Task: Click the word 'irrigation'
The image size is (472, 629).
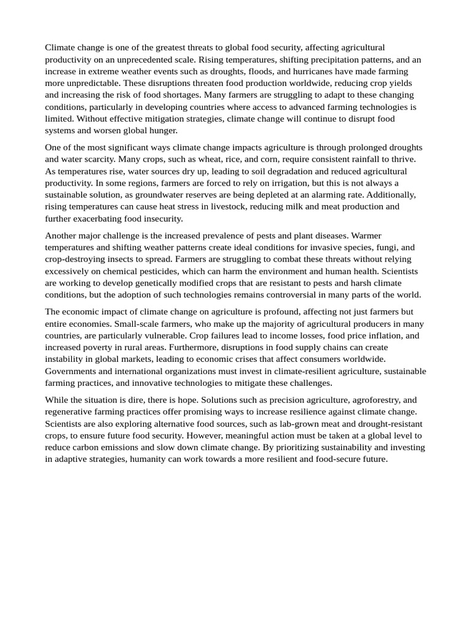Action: [x=296, y=183]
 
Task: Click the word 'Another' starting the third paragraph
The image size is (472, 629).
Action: [x=61, y=235]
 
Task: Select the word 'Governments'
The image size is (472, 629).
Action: [x=71, y=371]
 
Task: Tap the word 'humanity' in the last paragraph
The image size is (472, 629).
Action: [x=147, y=459]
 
